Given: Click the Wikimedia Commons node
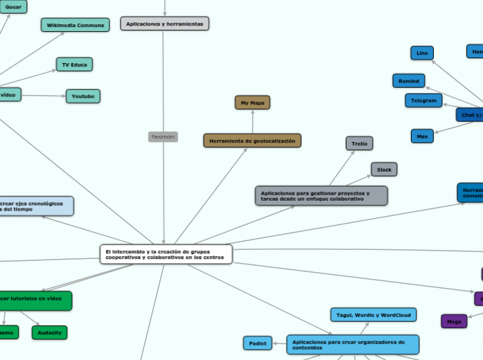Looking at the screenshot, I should coord(75,25).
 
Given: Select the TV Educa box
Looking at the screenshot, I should coord(74,64).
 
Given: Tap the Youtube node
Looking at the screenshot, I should coord(83,96).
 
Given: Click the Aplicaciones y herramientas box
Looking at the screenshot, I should coord(164,24).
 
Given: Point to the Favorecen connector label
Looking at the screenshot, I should coord(163,137).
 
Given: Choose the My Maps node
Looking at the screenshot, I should coord(252,102).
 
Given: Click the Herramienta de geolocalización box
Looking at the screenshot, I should coord(252,141).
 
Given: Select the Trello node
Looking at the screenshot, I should coord(359,143).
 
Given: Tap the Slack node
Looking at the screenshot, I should coord(384,169).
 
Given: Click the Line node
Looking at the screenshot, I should coord(421,53).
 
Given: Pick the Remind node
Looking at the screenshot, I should coord(408,81).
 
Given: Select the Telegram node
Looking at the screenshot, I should coord(423,100).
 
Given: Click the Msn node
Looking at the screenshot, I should coord(422,136).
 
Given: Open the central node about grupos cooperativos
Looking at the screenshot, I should coord(166,254).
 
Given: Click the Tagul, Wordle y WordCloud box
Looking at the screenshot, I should coord(373,315).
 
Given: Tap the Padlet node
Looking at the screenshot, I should coord(258,343).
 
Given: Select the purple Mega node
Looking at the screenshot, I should coord(454,321).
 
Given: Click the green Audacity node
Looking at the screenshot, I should coord(49,332).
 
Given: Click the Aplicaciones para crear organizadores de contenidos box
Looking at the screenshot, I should coord(353,344).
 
